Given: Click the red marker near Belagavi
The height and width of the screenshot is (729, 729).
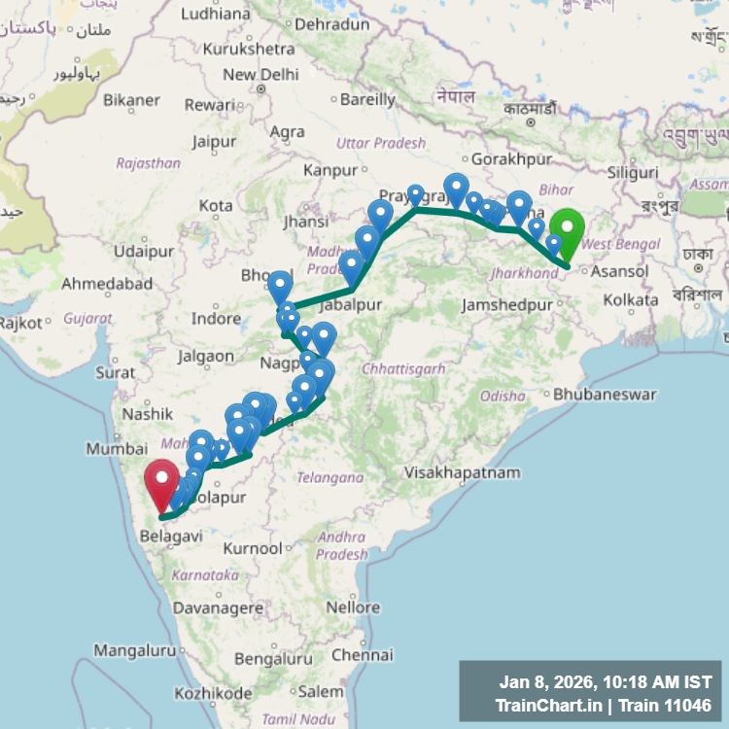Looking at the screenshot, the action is click(161, 480).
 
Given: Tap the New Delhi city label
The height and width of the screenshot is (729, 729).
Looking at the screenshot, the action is click(260, 75).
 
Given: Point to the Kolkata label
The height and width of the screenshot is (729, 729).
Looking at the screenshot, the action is click(630, 300).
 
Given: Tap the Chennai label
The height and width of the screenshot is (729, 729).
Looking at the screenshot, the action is click(361, 655).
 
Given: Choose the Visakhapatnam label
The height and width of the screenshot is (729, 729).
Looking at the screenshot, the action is click(463, 472).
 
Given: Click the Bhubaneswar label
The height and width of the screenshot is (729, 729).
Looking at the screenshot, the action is click(605, 395).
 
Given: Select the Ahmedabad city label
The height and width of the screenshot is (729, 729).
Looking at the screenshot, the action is click(107, 284).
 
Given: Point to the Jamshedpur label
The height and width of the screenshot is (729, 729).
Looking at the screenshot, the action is click(507, 304).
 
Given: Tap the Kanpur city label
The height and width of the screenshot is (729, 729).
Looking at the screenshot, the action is click(330, 170).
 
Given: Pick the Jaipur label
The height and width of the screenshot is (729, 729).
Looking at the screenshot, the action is click(214, 142).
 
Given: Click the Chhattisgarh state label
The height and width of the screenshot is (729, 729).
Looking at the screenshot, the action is click(403, 368).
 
